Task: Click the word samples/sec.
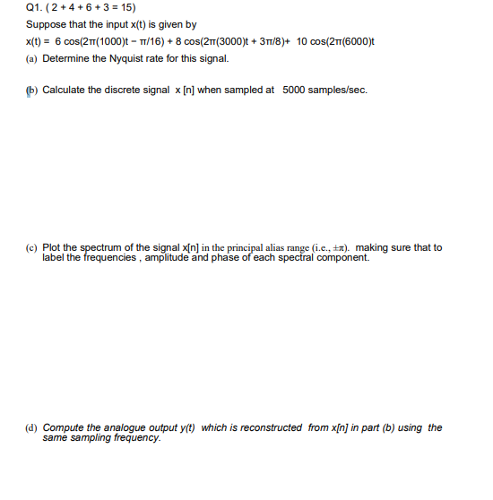340,90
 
